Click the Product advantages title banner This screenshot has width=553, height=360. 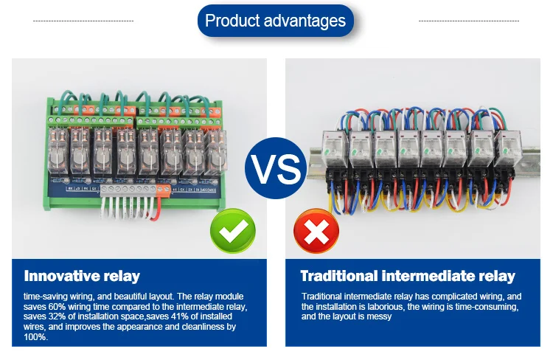[275, 20]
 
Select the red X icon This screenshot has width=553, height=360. [315, 231]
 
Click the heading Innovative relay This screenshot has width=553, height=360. [82, 277]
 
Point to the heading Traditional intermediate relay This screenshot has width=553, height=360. [408, 277]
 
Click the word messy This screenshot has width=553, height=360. [378, 316]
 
